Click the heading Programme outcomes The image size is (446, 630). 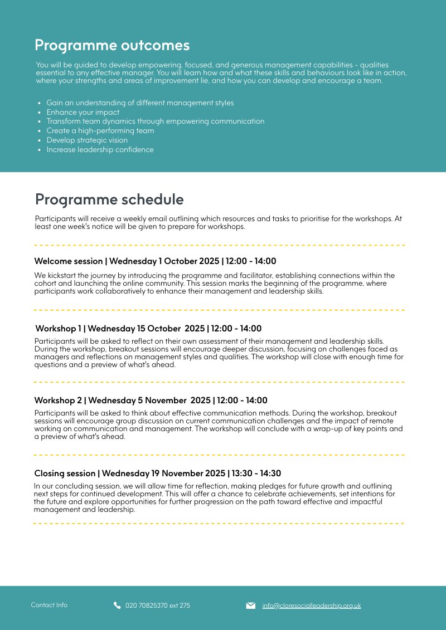click(x=112, y=45)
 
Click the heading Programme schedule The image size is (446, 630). click(x=109, y=199)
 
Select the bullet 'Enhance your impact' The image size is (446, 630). click(x=83, y=112)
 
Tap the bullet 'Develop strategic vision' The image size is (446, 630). click(x=87, y=140)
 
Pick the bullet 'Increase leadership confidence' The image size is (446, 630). click(x=100, y=150)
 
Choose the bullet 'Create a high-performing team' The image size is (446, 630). click(x=100, y=131)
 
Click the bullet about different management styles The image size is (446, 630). click(x=140, y=102)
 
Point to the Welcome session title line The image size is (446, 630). click(x=155, y=261)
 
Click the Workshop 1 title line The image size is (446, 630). click(x=148, y=329)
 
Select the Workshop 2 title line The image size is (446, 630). click(x=151, y=401)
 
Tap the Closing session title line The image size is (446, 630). click(x=158, y=473)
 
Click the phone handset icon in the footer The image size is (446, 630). click(x=117, y=605)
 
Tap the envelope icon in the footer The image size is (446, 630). click(x=251, y=605)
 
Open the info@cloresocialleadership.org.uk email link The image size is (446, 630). click(x=312, y=605)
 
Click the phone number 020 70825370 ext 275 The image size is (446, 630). click(x=158, y=605)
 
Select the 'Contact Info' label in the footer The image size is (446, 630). click(x=49, y=605)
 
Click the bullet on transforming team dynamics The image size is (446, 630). click(x=155, y=121)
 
